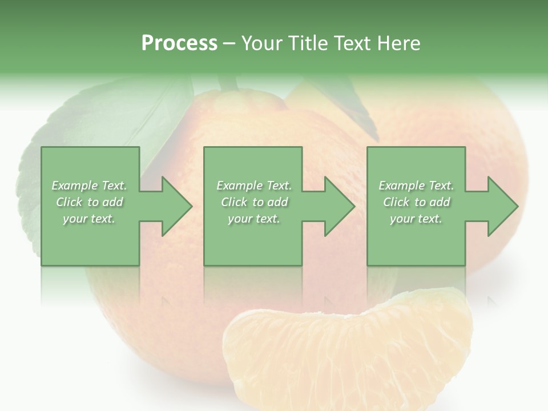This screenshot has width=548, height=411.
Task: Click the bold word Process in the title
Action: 179,43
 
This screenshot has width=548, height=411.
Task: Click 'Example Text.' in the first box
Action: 89,186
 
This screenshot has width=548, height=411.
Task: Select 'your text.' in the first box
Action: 89,219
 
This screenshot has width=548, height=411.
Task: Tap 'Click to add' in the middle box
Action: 254,202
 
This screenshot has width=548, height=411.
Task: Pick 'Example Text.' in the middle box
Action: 254,186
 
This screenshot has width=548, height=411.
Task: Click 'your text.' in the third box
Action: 416,219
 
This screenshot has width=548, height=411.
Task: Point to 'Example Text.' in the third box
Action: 416,186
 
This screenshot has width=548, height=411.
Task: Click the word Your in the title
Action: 261,43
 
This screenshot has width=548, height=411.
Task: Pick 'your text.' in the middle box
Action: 254,219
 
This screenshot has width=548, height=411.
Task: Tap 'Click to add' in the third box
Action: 416,202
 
